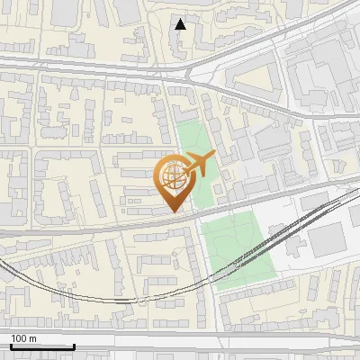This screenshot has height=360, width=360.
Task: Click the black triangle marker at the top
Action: click(181, 24)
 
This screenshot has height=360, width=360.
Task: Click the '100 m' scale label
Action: click(24, 338)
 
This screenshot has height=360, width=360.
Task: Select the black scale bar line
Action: click(41, 346)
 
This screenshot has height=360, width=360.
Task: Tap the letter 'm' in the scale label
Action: click(33, 338)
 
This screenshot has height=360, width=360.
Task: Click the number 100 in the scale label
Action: click(20, 338)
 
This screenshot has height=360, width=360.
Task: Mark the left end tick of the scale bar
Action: click(11, 345)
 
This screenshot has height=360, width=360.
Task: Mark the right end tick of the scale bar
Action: click(73, 345)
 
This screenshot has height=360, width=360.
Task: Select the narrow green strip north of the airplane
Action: click(190, 135)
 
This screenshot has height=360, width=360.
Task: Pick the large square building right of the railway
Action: click(326, 237)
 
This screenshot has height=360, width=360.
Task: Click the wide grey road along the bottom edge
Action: click(180, 341)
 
